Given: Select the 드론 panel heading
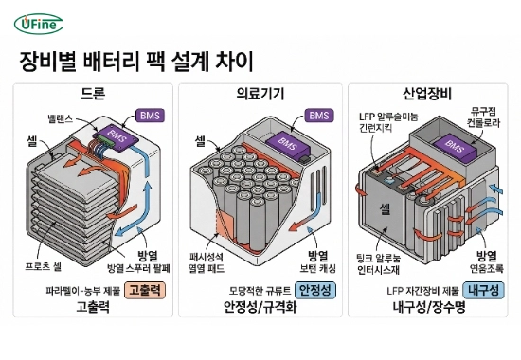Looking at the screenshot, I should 94,93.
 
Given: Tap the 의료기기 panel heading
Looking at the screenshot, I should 260,93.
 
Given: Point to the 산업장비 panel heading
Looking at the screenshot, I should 426,93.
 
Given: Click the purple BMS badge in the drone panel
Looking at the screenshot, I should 150,116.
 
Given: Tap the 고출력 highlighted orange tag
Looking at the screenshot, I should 145,290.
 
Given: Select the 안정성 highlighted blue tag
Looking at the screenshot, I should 316,290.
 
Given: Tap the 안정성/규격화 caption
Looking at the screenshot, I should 260,308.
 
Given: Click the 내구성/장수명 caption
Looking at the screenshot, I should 427,308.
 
